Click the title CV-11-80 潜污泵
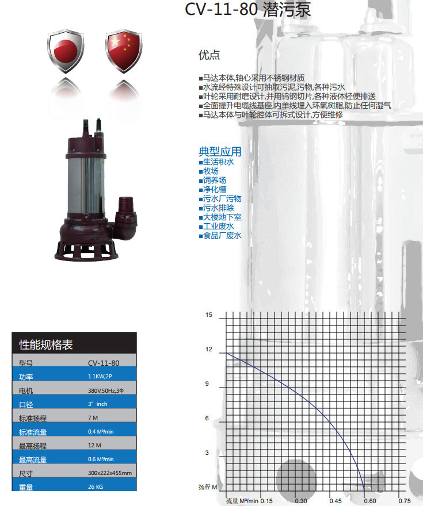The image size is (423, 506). tap(247, 9)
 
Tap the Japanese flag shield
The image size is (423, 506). tap(66, 51)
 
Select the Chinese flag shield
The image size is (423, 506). tap(124, 51)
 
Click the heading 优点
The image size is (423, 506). tap(209, 55)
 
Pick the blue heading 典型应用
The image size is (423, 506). tap(220, 151)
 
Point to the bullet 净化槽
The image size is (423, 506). tap(212, 189)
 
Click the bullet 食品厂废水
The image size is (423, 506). tap(220, 236)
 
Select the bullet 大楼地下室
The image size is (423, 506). tap(220, 217)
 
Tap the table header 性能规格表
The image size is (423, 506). tap(46, 344)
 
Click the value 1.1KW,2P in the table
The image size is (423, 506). tap(100, 376)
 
